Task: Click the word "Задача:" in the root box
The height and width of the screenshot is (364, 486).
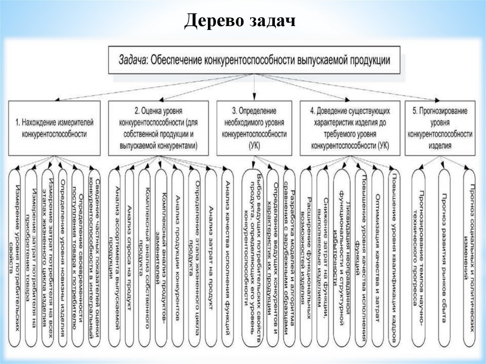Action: pos(133,60)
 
